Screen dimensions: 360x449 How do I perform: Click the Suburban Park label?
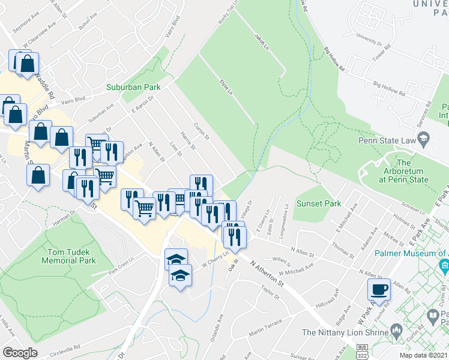coord(133,87)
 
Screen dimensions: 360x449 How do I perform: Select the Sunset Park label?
coord(321,203)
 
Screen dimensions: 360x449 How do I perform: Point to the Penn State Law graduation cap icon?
coord(424,140)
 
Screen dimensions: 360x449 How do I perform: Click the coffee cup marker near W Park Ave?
coord(378,289)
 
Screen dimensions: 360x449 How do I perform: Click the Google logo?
coord(20,353)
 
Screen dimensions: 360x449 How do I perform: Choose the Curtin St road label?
coord(201,132)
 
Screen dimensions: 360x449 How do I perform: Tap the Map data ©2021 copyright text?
coord(423,355)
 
